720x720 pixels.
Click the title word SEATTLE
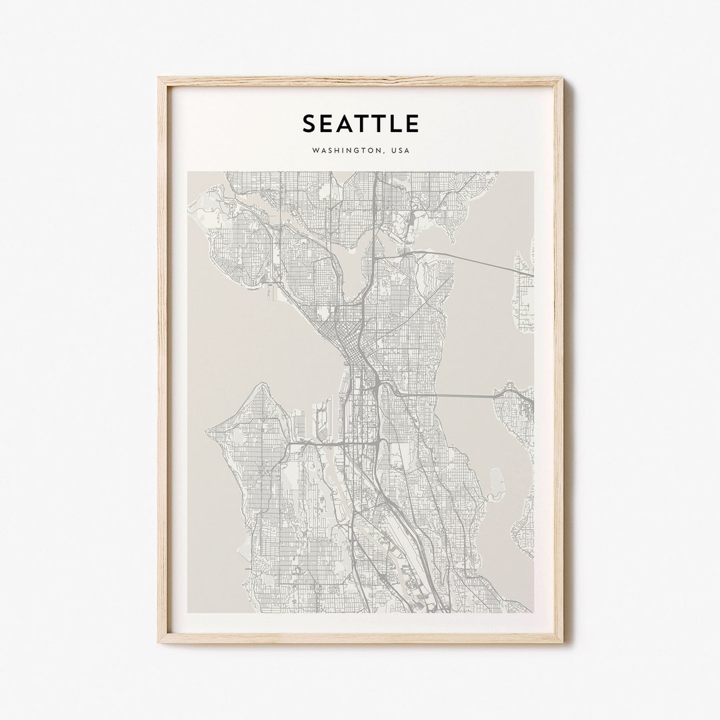[361, 123]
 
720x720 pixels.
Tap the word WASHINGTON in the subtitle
[343, 151]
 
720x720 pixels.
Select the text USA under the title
[400, 151]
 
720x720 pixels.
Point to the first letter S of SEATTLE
[310, 123]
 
